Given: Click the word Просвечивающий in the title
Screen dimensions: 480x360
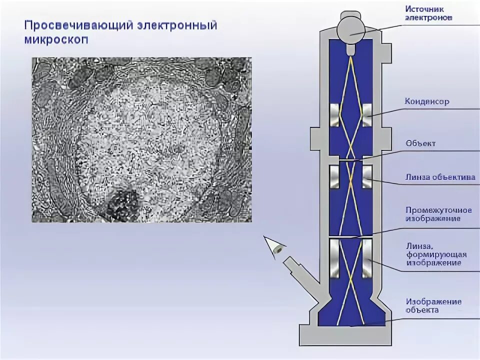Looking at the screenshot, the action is pyautogui.click(x=78, y=25).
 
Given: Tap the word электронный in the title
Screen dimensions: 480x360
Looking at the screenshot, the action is pyautogui.click(x=177, y=25).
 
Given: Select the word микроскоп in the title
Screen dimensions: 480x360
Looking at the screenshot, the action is pyautogui.click(x=56, y=40).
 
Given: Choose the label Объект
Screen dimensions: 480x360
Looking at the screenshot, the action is pyautogui.click(x=420, y=143).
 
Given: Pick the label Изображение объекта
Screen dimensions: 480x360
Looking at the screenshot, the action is pyautogui.click(x=433, y=305).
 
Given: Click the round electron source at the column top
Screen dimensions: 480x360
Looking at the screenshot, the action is pyautogui.click(x=351, y=27).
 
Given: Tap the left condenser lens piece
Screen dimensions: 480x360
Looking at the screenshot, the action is pyautogui.click(x=335, y=115).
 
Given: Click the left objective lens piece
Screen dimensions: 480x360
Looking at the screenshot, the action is pyautogui.click(x=335, y=177).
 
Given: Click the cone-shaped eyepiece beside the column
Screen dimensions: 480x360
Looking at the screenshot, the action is pyautogui.click(x=274, y=247).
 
